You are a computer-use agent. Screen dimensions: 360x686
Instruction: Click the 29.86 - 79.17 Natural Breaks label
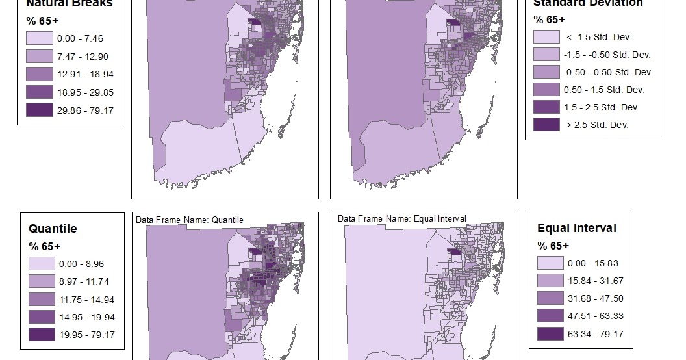tap(85, 110)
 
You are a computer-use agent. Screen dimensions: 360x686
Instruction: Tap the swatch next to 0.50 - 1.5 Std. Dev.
tap(546, 90)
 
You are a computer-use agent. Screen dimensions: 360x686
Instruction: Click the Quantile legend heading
tap(53, 229)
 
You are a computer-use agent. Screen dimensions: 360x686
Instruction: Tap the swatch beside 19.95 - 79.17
tap(41, 334)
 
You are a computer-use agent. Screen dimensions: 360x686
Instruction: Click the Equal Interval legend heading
tap(577, 228)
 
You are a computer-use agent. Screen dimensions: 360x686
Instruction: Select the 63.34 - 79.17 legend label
tap(594, 334)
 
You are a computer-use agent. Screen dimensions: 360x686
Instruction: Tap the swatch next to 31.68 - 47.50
tap(550, 299)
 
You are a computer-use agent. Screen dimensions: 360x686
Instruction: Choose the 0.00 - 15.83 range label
tap(594, 264)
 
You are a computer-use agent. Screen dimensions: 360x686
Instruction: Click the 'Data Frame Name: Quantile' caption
tap(190, 220)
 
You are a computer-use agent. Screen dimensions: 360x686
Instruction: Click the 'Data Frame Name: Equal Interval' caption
tap(401, 219)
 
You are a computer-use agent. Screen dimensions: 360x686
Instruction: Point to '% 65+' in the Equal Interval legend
tap(553, 246)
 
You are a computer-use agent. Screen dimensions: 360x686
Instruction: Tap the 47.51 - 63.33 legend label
tap(594, 316)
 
